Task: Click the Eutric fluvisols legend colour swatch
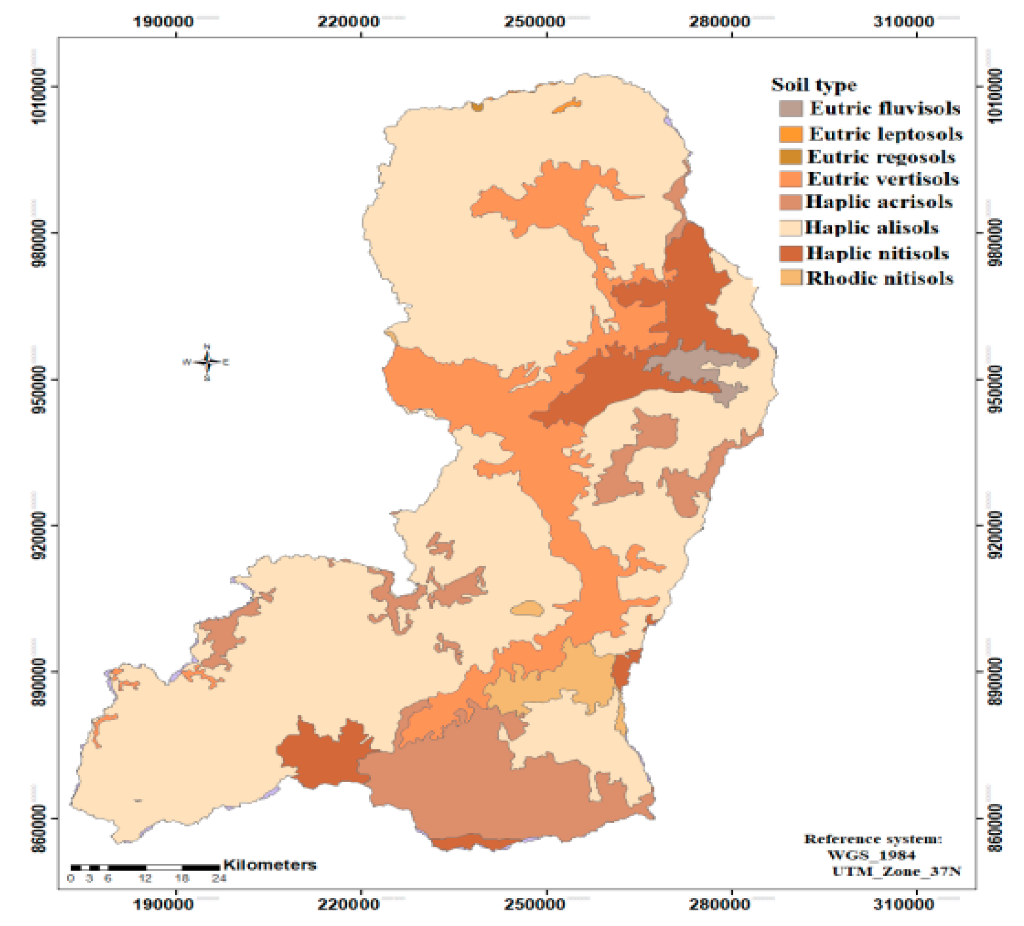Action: click(x=790, y=108)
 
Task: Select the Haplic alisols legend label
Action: click(x=871, y=227)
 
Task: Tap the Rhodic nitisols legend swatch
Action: click(x=790, y=278)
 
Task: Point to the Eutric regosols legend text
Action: click(x=881, y=156)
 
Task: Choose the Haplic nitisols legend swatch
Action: click(x=790, y=253)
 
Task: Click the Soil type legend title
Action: click(x=814, y=85)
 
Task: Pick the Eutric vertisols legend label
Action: click(x=883, y=179)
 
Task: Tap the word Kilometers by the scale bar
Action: click(x=270, y=865)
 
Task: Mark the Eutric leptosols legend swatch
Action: click(x=790, y=134)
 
